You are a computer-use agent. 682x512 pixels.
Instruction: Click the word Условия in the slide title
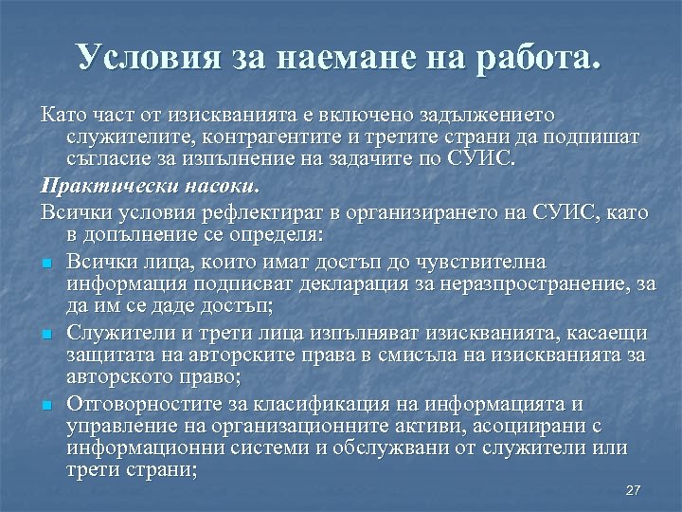pos(146,58)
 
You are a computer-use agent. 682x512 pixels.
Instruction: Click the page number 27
pos(634,490)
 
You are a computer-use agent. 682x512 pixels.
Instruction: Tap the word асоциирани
pos(531,427)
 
